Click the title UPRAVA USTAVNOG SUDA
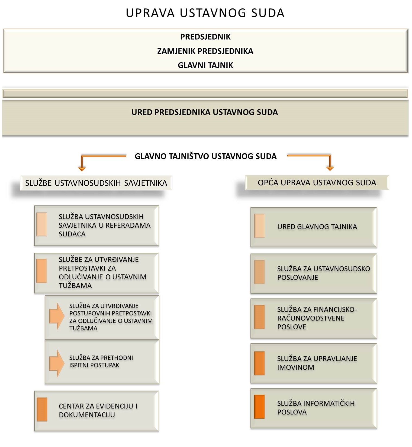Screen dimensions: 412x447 (x=205, y=13)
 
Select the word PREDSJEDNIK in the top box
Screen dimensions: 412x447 (x=205, y=37)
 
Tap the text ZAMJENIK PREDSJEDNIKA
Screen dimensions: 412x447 (x=205, y=51)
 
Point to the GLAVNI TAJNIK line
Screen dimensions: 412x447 (x=205, y=65)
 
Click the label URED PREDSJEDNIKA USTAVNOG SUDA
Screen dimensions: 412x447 (x=205, y=112)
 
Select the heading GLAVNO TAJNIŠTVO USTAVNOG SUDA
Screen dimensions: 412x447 (x=206, y=156)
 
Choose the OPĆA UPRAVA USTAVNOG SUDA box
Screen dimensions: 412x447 (x=317, y=183)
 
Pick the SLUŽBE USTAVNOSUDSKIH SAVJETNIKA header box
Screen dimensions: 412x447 (x=96, y=183)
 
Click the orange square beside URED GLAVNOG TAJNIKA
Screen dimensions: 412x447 (x=259, y=226)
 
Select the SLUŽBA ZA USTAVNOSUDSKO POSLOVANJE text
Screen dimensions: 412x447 (x=323, y=273)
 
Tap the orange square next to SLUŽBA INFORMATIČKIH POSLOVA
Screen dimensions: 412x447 (x=259, y=407)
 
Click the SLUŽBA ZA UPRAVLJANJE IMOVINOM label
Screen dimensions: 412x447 (x=317, y=363)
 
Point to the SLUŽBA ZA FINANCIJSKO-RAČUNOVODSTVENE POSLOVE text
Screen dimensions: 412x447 (x=317, y=318)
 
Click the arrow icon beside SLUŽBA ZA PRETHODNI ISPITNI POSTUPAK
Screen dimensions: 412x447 (x=57, y=363)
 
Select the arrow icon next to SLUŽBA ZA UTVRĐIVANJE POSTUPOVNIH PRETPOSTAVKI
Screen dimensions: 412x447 (x=57, y=316)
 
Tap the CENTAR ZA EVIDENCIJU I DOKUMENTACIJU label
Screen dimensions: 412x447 (x=98, y=410)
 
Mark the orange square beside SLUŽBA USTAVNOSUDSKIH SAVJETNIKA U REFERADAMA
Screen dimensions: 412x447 (x=42, y=224)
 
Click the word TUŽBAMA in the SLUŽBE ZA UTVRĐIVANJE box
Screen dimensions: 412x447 (x=75, y=286)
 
